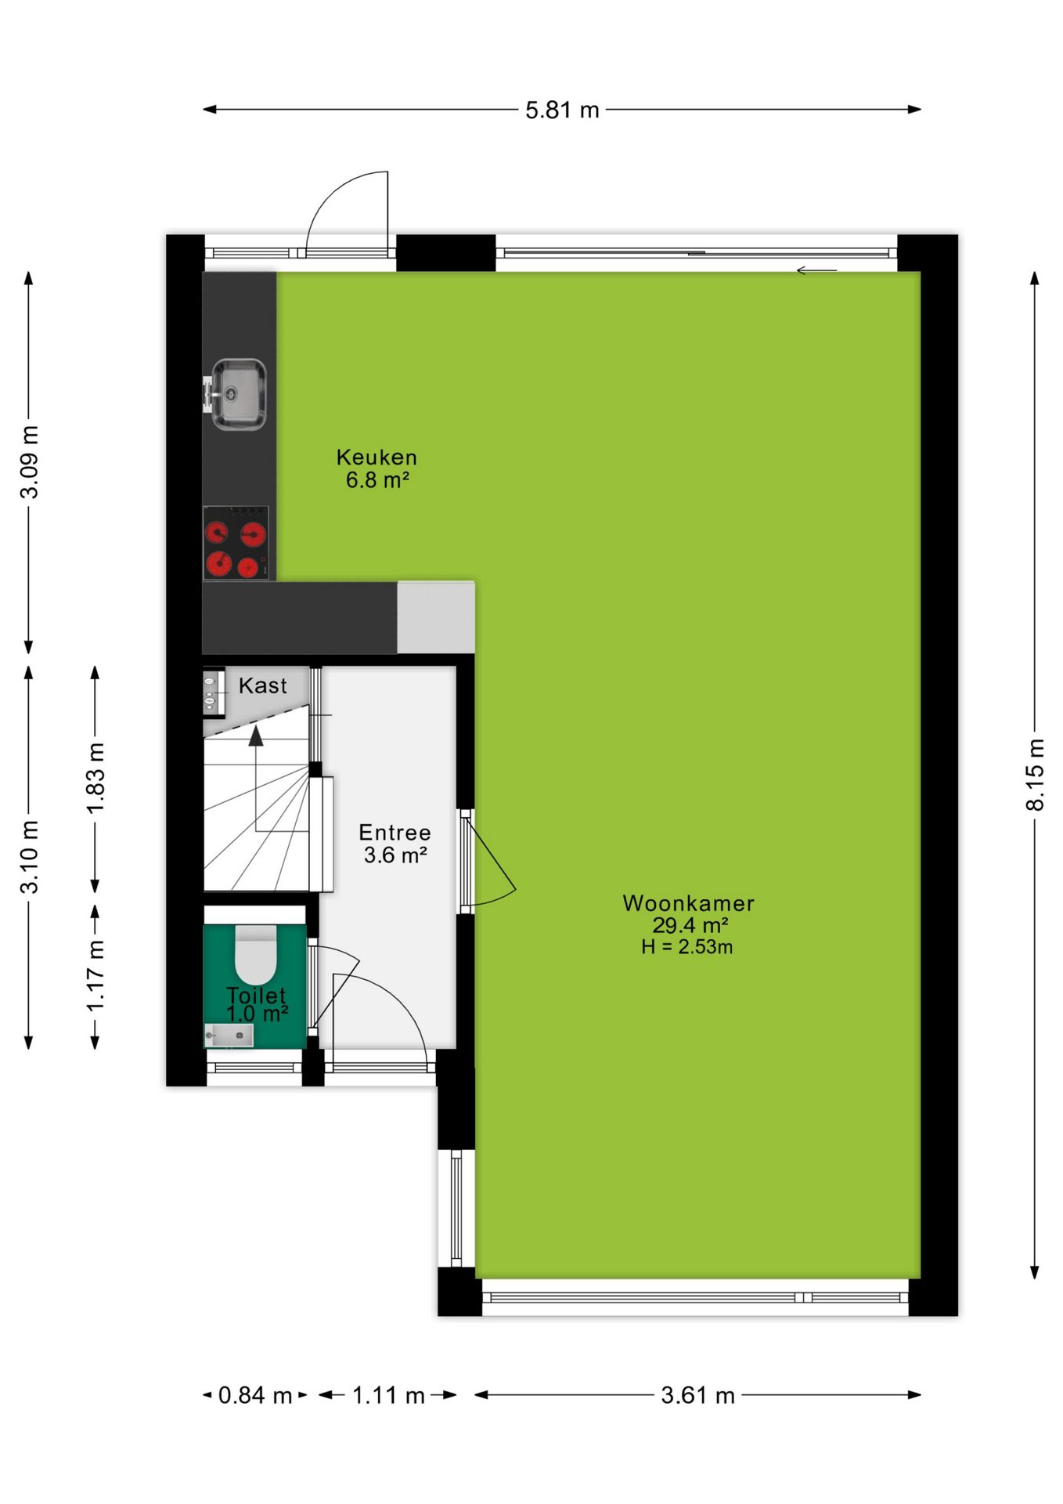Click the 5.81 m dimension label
click(x=562, y=110)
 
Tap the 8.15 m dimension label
click(x=1035, y=775)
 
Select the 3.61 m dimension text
click(x=697, y=1395)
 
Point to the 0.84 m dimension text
click(x=254, y=1395)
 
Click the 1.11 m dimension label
click(x=388, y=1395)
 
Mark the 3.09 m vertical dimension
click(x=29, y=462)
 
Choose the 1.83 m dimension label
click(x=95, y=779)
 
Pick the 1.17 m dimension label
click(x=95, y=977)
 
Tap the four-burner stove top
click(x=236, y=543)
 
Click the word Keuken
click(x=377, y=457)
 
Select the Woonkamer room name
click(x=688, y=903)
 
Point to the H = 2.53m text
click(x=686, y=947)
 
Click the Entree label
click(x=395, y=833)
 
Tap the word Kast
click(x=263, y=686)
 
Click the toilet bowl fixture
click(x=256, y=954)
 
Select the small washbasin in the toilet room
click(x=229, y=1036)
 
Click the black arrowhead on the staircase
click(x=256, y=736)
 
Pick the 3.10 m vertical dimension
click(x=29, y=857)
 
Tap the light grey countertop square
click(x=436, y=617)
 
